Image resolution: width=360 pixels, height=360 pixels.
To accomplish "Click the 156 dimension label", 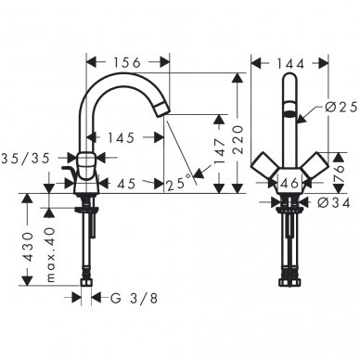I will pos(127,62).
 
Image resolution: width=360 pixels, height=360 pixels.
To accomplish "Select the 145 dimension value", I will pos(120,137).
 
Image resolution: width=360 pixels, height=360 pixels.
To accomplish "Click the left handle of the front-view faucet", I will pos(266,171).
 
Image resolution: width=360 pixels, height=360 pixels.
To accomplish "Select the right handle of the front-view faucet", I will pos(313,171).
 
